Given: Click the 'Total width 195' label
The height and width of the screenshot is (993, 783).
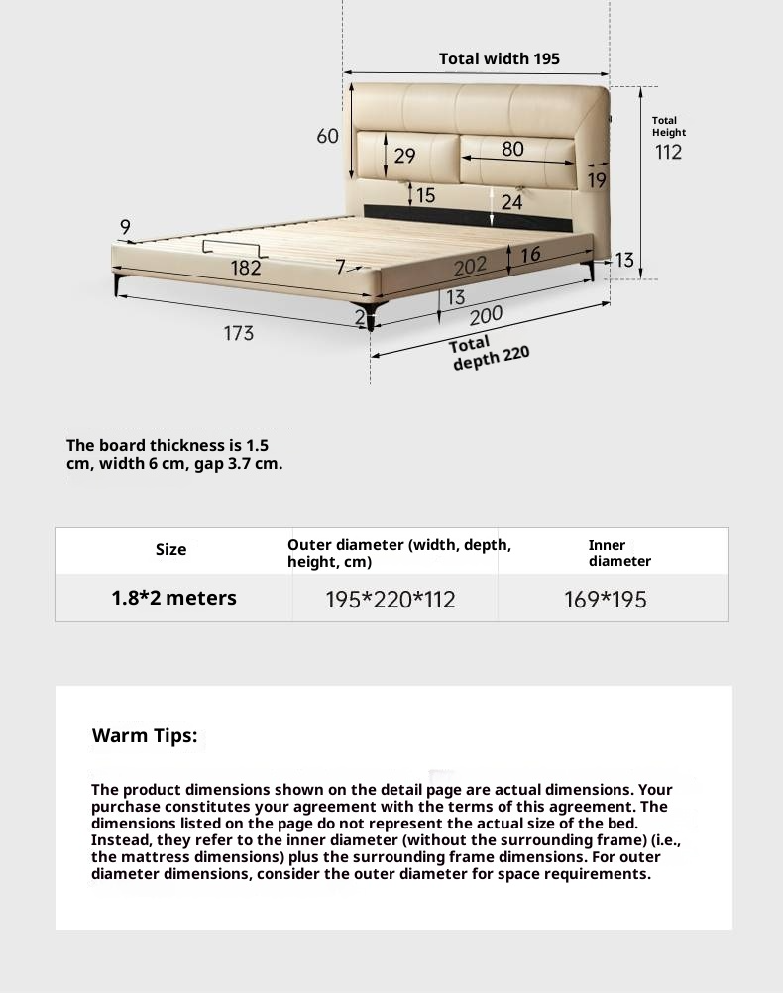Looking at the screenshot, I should [499, 59].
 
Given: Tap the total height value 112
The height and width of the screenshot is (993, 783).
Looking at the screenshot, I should [668, 153].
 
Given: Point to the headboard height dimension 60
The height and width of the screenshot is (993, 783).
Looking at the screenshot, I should [328, 136].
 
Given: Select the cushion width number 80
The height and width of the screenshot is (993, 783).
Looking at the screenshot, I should [512, 149].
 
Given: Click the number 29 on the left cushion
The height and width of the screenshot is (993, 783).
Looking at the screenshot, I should [404, 156].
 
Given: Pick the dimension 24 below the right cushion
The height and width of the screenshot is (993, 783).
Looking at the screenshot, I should [511, 202].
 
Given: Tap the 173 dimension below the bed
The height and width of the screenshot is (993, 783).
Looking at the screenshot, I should [238, 333].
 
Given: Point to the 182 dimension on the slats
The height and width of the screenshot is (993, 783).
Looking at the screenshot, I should [246, 268].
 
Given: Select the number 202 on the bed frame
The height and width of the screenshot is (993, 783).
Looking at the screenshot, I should [470, 267].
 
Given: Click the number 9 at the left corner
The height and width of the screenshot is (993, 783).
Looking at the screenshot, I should [125, 228].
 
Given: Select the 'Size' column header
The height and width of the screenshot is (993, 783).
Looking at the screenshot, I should [170, 550].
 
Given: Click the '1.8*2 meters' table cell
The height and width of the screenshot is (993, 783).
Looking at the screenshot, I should [173, 598].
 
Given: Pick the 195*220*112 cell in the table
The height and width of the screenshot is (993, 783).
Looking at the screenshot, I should [391, 600].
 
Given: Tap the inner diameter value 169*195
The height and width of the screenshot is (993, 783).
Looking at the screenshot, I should [605, 600].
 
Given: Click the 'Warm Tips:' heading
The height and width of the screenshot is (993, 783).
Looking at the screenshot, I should [145, 736].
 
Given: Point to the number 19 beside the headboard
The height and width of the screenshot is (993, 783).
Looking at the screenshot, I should [597, 180].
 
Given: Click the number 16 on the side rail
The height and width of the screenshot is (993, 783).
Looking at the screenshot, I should [530, 255].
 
